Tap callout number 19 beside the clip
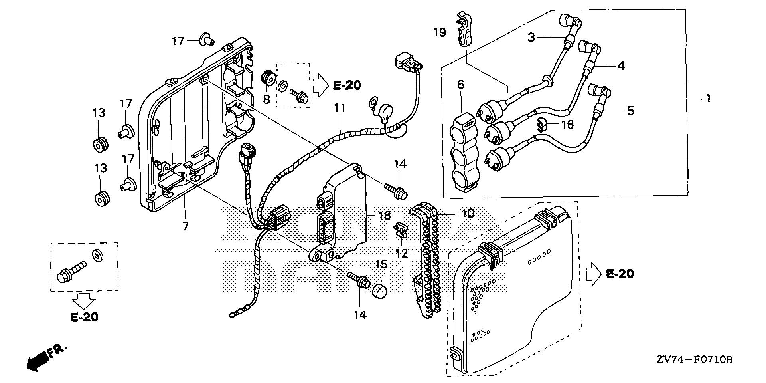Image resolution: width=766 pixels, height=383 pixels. pos(440,32)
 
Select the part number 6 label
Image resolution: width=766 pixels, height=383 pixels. pos(461,85)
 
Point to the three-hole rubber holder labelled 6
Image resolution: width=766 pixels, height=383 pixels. pos(463,152)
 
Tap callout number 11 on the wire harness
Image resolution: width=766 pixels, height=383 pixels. pos(340,108)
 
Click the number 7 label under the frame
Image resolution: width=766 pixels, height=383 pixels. pos(185,226)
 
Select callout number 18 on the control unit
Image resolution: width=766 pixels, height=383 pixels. pos(385,216)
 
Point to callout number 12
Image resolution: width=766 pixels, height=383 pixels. pos(401,253)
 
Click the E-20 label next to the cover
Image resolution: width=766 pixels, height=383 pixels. pos(620,274)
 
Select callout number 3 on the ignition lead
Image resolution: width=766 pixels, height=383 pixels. pos(531,38)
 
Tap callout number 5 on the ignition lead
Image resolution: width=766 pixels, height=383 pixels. pos(630,111)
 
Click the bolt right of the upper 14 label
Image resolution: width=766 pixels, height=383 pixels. pos(395,190)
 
